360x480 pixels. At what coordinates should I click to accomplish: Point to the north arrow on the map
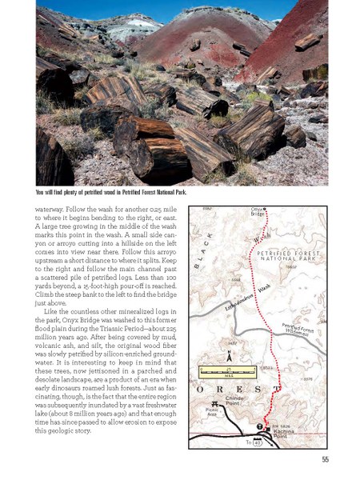(230, 355)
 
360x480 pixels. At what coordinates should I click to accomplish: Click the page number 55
(324, 458)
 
